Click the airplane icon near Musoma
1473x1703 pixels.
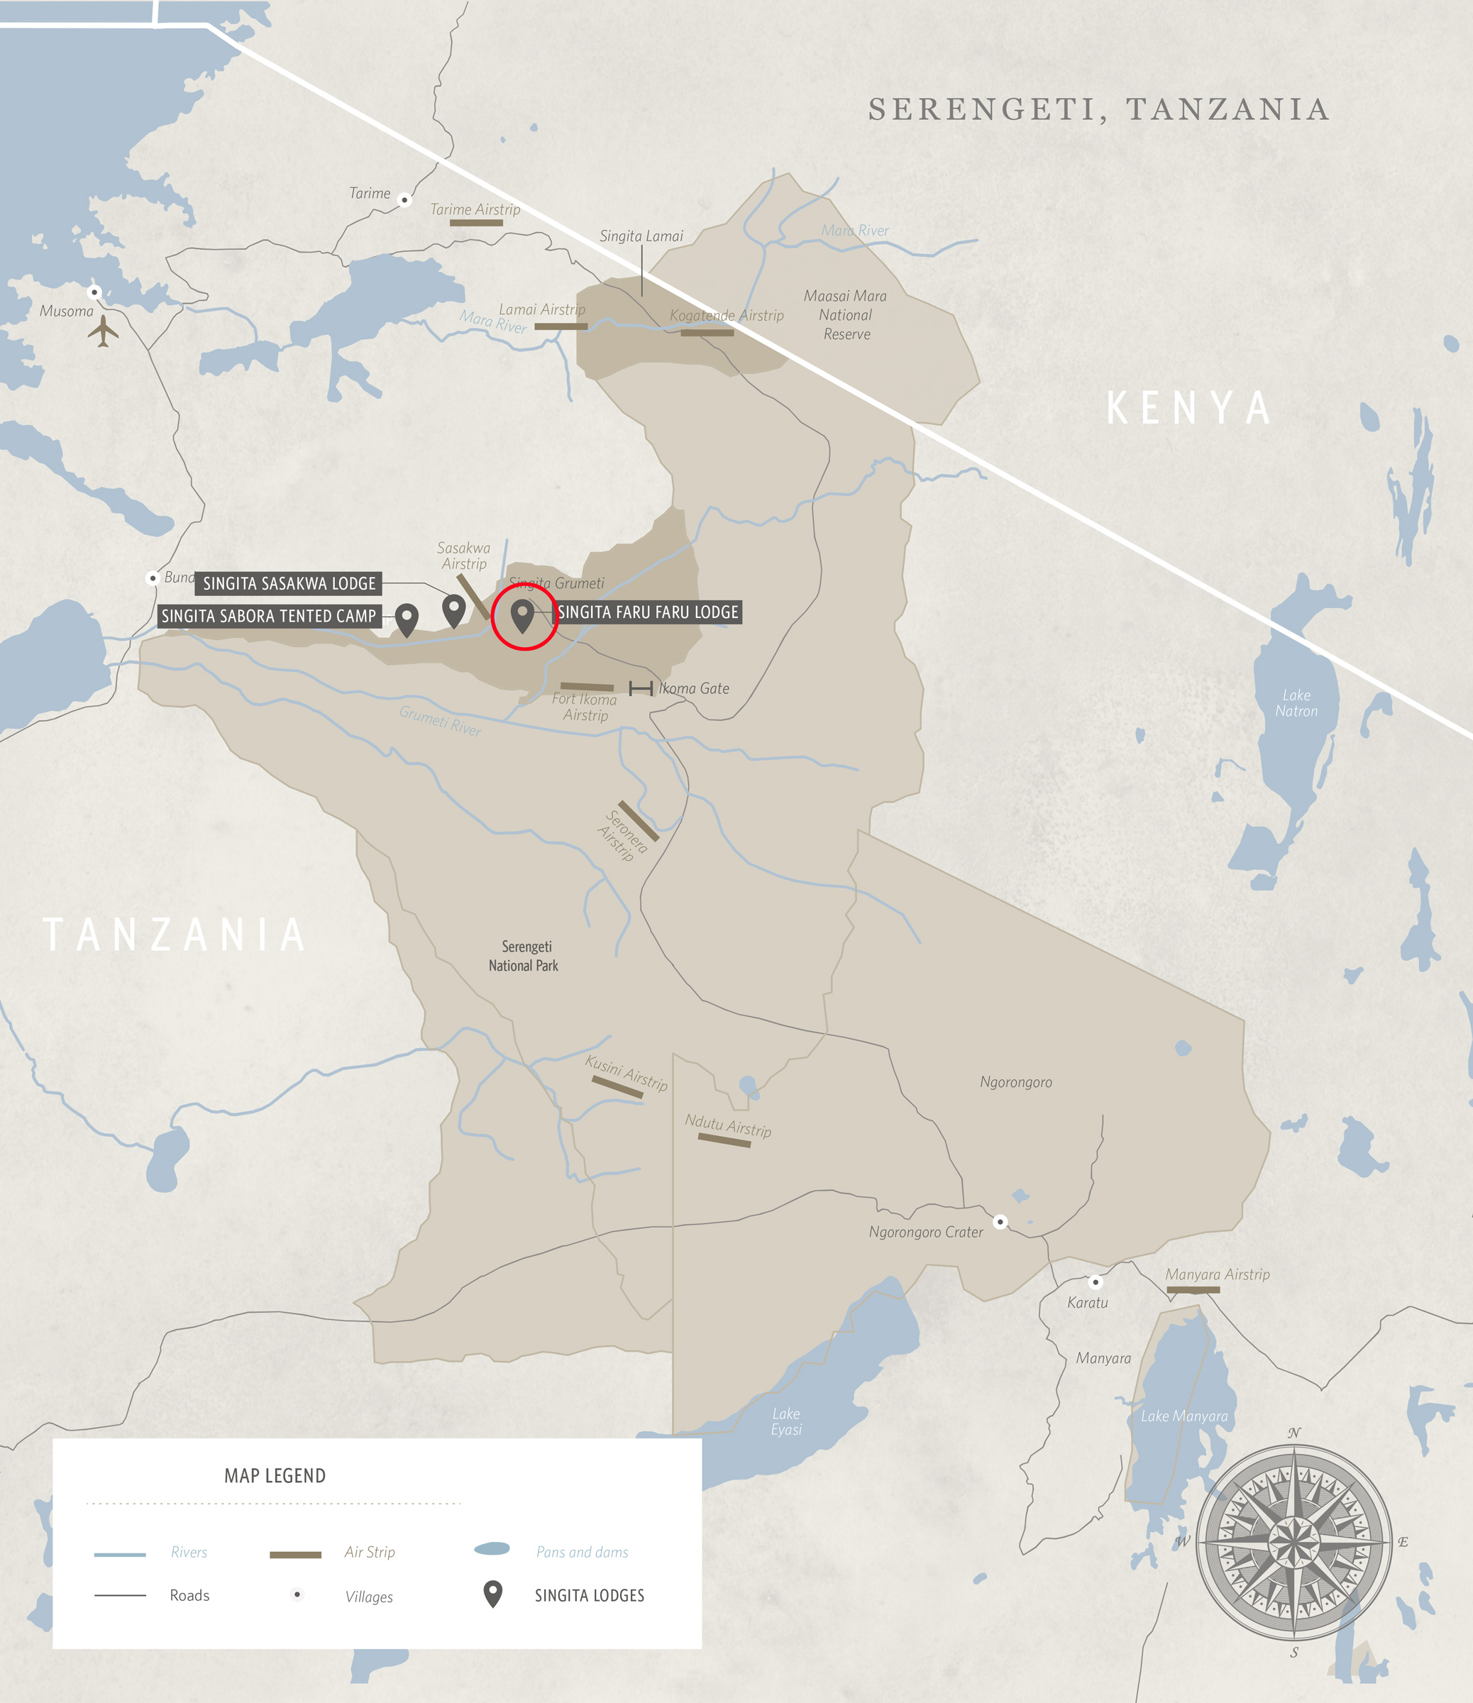click(103, 331)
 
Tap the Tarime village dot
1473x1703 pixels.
click(404, 199)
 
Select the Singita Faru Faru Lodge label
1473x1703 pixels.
click(648, 612)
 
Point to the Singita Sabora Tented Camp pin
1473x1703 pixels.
click(407, 619)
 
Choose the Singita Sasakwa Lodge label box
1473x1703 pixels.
click(289, 583)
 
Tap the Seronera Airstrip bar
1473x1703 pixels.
click(638, 820)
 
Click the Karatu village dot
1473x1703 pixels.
click(1095, 1282)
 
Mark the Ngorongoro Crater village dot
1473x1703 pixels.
click(1000, 1221)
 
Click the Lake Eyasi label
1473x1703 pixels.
click(786, 1421)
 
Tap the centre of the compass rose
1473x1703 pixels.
click(1293, 1541)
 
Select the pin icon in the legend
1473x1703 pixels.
click(492, 1593)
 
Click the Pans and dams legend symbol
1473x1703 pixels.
click(492, 1549)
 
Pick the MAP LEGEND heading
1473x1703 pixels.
click(275, 1476)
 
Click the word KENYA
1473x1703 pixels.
click(1188, 408)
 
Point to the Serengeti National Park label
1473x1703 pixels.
click(524, 956)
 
